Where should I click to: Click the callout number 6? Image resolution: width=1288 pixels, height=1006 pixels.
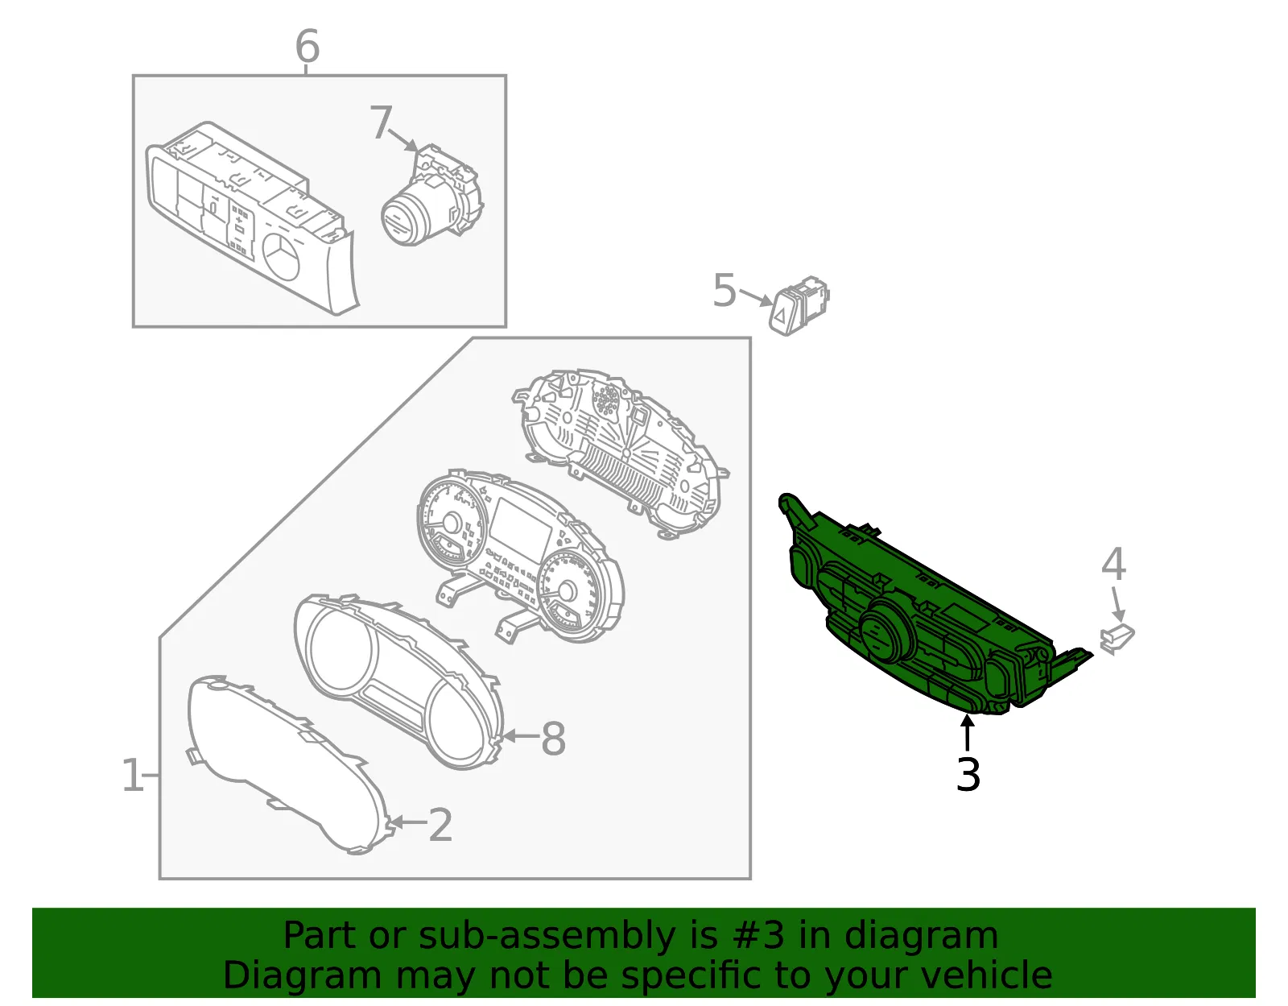[307, 46]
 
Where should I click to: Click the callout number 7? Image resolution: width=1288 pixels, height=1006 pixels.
[381, 122]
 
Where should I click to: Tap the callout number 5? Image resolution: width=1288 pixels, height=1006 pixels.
[724, 291]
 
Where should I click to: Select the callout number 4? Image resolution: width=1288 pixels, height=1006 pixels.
[1114, 564]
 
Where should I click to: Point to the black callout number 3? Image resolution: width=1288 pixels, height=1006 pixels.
[968, 774]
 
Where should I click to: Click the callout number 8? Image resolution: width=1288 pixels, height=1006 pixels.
[554, 739]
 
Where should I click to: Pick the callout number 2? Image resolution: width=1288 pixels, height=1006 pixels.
[440, 825]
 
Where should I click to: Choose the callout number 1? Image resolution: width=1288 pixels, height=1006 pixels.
[132, 775]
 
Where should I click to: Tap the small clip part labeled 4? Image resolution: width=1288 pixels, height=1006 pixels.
[1117, 639]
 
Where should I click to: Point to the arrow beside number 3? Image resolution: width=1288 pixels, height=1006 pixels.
[967, 734]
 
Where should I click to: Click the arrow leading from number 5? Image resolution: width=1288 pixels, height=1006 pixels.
[756, 297]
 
